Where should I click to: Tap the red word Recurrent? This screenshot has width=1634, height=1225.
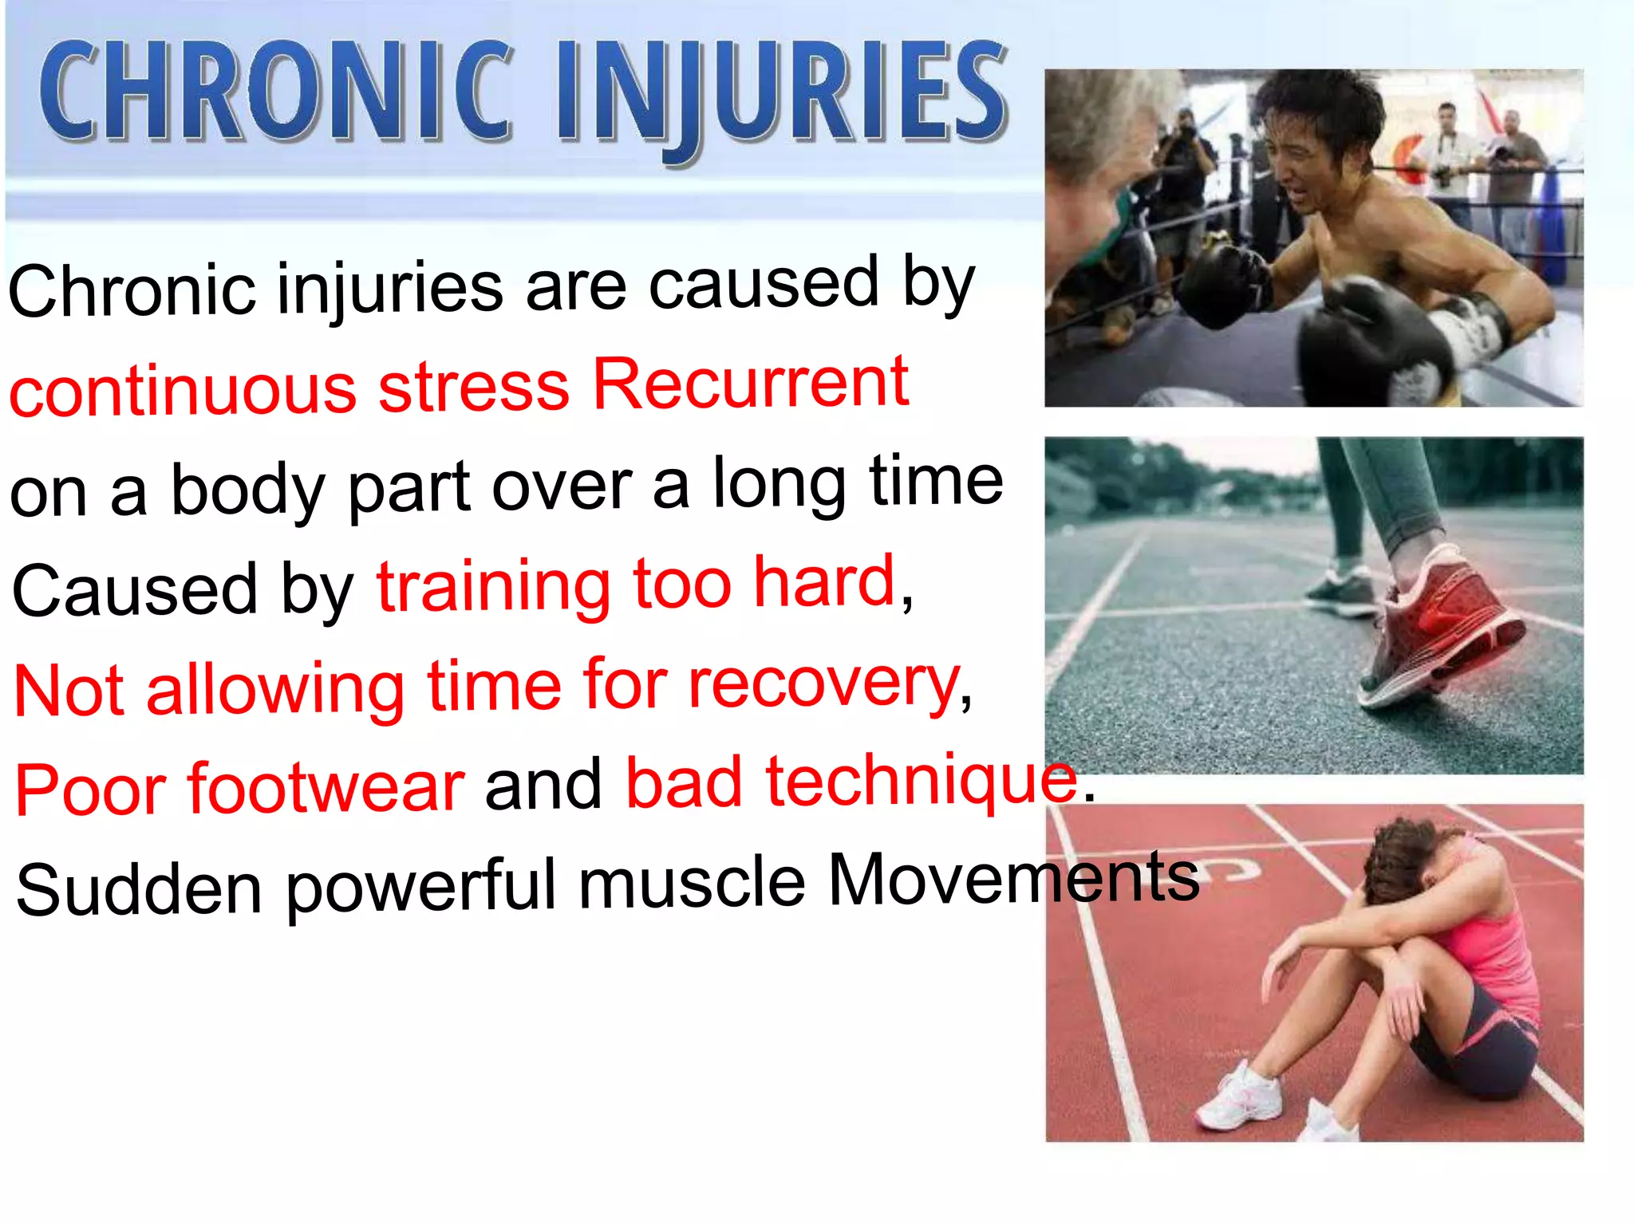750,384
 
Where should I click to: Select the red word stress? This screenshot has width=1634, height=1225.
474,388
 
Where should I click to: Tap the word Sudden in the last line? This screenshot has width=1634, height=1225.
139,890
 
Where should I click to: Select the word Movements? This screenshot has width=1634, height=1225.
1013,879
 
